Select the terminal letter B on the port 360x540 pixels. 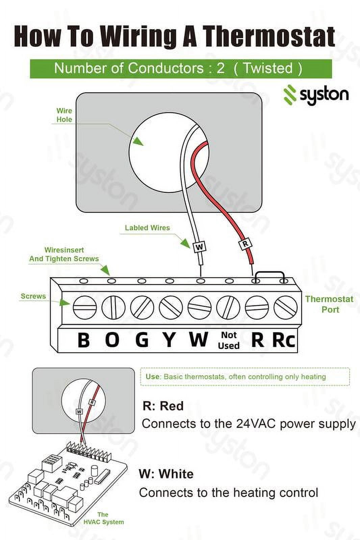83,340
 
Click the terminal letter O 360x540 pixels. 112,340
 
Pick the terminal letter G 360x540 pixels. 142,340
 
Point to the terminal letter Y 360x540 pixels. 169,340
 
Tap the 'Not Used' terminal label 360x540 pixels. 229,340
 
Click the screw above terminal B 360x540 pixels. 85,308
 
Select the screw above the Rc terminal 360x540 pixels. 285,308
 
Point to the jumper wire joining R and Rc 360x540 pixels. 268,272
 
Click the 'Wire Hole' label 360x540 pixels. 64,115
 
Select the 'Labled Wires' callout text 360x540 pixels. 147,228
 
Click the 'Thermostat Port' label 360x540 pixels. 329,304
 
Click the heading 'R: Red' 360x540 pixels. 163,406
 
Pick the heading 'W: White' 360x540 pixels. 166,474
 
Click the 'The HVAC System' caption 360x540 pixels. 104,518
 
